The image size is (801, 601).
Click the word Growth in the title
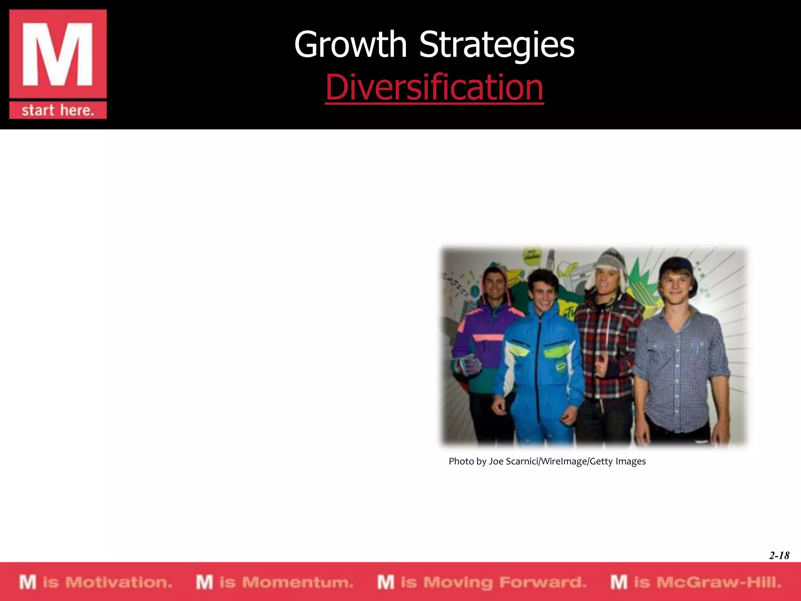pyautogui.click(x=350, y=45)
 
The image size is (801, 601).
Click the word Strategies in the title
pyautogui.click(x=497, y=45)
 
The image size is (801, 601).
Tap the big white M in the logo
pyautogui.click(x=58, y=54)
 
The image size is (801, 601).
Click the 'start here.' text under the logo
pyautogui.click(x=58, y=110)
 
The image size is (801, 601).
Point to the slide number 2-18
pyautogui.click(x=779, y=555)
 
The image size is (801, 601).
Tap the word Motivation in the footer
pyautogui.click(x=119, y=582)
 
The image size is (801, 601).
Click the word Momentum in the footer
pyautogui.click(x=298, y=582)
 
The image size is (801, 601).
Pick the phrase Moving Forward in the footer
pyautogui.click(x=505, y=582)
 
